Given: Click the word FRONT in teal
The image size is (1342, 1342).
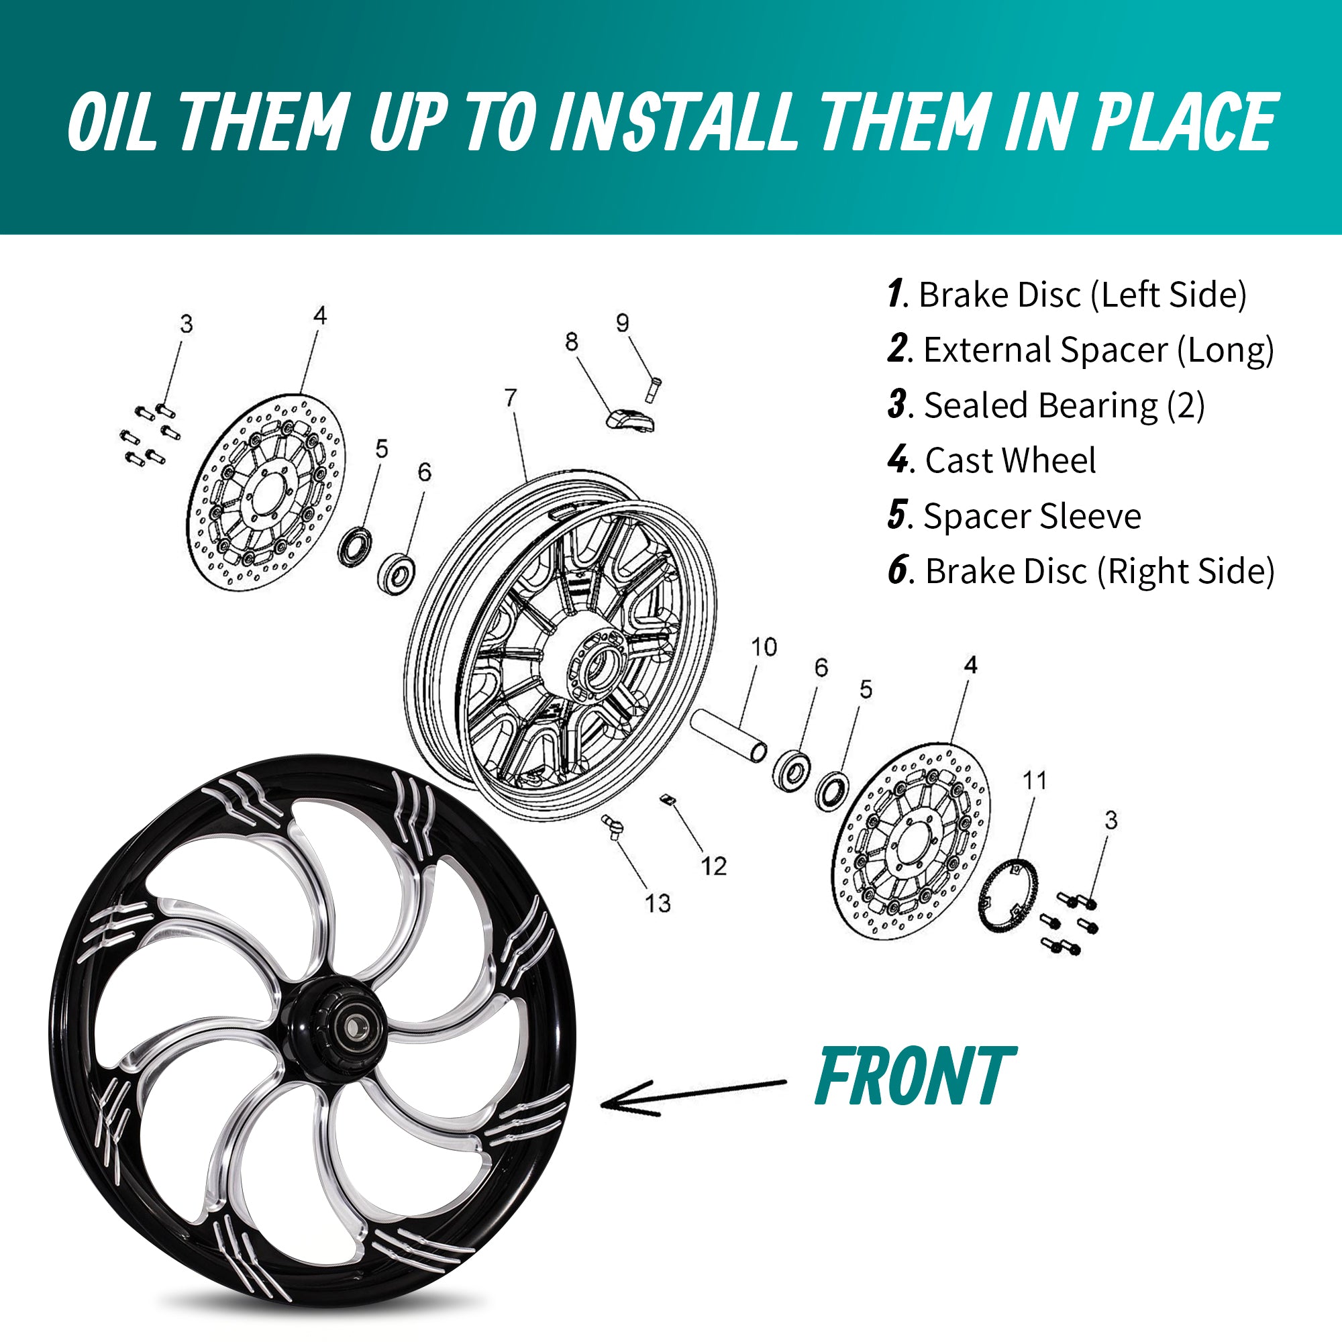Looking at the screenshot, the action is pos(915,1076).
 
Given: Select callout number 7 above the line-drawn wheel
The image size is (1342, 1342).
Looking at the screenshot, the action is pos(511,397).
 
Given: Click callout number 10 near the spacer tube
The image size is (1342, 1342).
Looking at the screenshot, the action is pos(764,647).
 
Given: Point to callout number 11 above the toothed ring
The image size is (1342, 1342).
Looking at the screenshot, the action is pos(1035,780).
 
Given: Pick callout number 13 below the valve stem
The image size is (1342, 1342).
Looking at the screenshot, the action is pos(657,903).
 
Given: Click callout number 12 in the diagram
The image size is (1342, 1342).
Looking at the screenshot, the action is pos(713,866).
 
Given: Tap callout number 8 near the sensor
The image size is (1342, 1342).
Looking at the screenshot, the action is pos(571,342).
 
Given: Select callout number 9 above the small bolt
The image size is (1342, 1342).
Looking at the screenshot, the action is pos(623,322).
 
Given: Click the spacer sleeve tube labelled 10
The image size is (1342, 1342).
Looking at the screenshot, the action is pos(729,735).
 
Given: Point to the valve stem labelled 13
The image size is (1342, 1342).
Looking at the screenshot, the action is pos(613,827).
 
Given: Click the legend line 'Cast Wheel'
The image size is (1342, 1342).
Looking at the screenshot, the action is pos(992,460).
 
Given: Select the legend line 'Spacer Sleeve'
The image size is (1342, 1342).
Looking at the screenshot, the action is pos(1014,515).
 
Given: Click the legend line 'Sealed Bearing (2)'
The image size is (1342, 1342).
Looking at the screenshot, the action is pos(1046,405).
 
